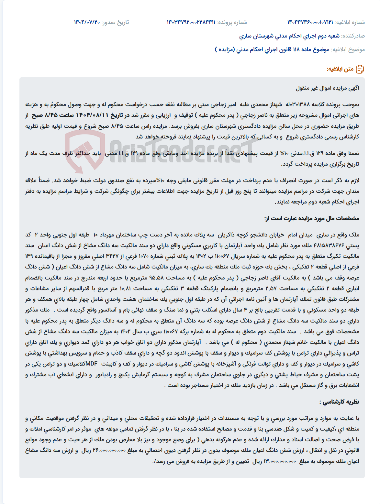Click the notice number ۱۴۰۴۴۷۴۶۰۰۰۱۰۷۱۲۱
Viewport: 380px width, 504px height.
[x=310, y=22]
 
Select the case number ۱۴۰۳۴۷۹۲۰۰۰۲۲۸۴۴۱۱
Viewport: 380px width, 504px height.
[x=191, y=22]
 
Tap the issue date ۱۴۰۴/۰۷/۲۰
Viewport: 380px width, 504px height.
[x=87, y=22]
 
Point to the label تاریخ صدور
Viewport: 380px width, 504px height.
[x=115, y=22]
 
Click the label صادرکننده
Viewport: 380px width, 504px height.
[x=353, y=36]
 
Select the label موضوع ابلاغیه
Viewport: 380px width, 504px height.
[x=348, y=49]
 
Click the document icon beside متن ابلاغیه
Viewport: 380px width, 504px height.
[x=360, y=69]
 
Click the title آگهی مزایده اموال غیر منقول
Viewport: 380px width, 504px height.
[x=328, y=88]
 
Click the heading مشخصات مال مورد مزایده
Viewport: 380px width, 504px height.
[x=312, y=218]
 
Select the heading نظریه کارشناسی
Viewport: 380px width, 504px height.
[x=339, y=402]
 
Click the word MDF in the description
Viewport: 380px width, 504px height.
[x=91, y=364]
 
